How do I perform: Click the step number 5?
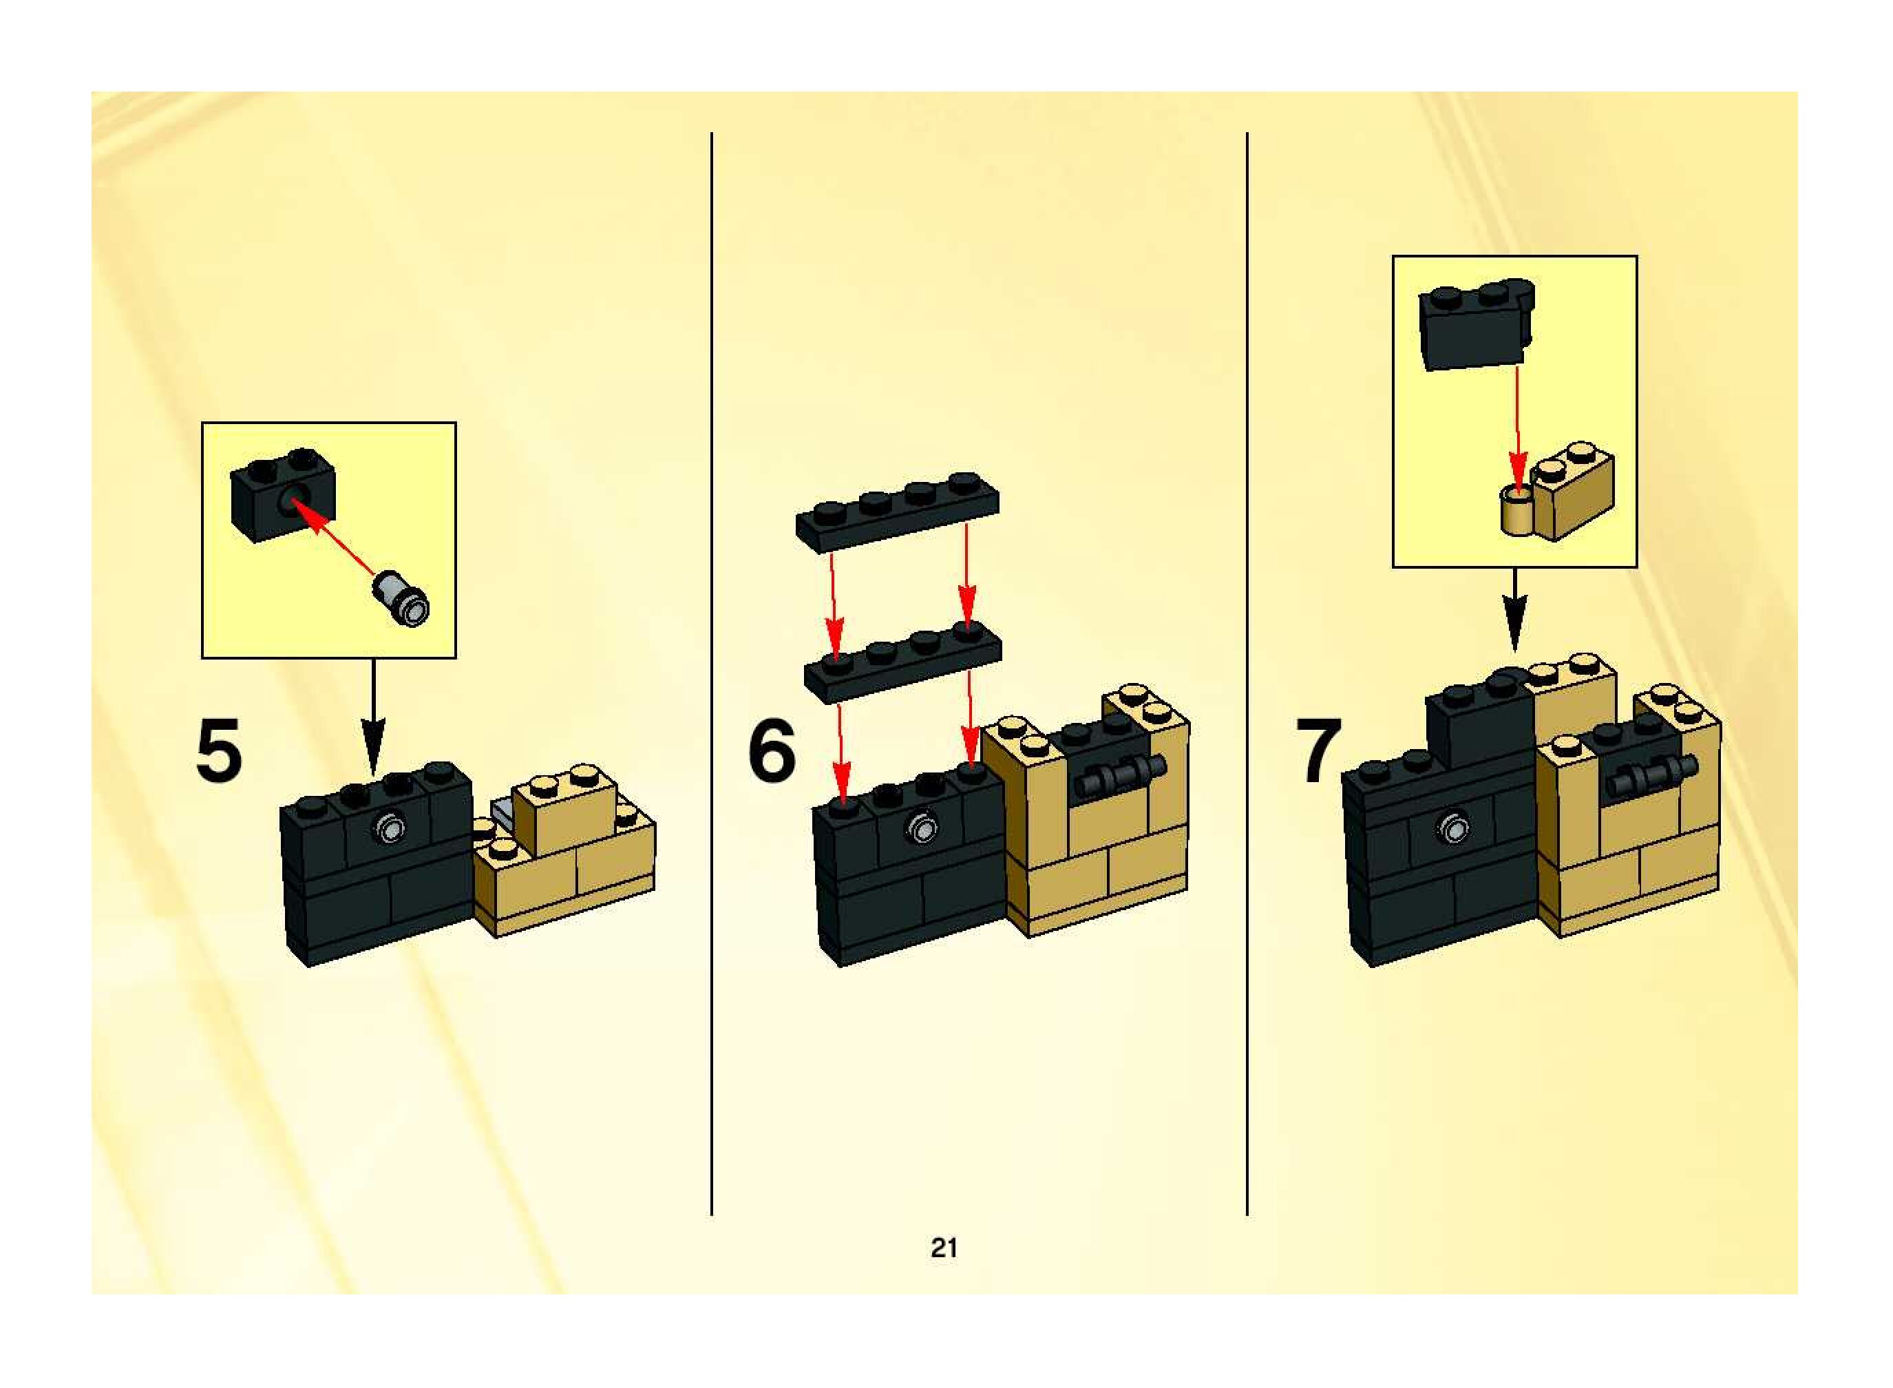tap(218, 750)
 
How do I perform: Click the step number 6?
tap(771, 750)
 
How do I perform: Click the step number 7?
tap(1318, 750)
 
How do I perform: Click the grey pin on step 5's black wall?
tap(390, 828)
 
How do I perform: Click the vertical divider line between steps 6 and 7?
tap(1247, 672)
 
